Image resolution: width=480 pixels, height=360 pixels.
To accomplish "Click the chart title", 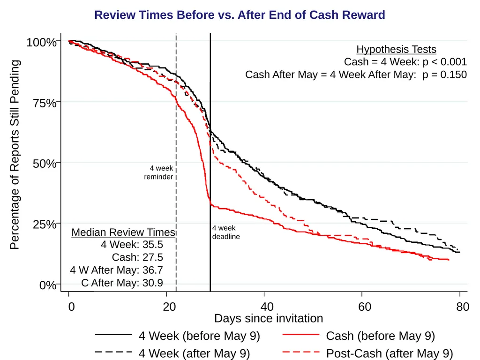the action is coord(240,15).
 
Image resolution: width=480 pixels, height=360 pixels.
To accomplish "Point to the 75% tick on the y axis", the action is coord(59,101).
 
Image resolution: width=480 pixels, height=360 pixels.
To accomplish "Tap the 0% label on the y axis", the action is coord(48,285).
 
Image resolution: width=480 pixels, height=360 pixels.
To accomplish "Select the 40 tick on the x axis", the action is coord(264,294).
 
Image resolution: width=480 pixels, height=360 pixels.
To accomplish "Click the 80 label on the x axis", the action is coord(463,307).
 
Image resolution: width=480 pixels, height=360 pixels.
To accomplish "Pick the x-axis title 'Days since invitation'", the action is coord(269,318).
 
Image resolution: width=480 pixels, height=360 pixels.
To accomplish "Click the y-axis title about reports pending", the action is coord(15,155).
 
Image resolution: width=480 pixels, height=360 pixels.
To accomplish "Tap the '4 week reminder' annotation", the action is coord(158,172).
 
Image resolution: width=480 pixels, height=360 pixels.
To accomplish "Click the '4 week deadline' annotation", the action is coord(226,232).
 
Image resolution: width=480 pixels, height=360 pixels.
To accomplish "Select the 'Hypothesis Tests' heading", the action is coord(396,49).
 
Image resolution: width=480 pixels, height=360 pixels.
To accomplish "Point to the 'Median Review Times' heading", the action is coord(123,232).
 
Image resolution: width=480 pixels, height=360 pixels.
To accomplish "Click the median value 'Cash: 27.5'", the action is coord(137,257).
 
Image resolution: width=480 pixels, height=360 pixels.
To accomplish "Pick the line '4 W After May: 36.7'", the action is coord(116,270).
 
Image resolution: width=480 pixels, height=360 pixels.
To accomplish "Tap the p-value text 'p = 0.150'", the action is coord(445,75).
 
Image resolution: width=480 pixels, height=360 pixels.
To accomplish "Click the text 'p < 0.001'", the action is coord(445,62).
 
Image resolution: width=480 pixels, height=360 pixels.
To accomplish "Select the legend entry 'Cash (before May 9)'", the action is coord(359,336).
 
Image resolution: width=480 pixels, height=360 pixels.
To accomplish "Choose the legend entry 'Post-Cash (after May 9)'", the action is coord(367,353).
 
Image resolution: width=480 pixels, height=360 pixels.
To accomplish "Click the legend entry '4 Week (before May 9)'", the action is coord(178,336).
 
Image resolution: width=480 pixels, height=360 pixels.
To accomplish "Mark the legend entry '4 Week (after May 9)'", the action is coord(172,353).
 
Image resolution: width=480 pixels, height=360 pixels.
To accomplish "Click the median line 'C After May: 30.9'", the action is coord(122,283).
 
